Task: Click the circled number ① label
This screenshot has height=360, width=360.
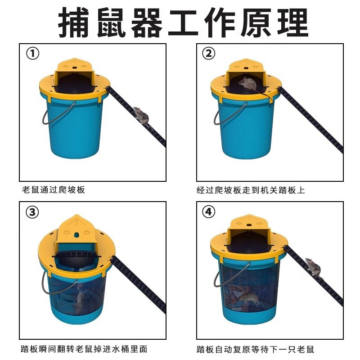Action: pos(32,54)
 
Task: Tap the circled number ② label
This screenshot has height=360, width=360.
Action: pos(209,54)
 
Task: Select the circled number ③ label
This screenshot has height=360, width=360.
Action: pos(32,212)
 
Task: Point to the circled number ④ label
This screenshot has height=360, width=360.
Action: pos(209,211)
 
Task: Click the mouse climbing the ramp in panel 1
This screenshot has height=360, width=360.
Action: pos(141,117)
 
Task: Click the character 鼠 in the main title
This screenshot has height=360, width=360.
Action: pos(112,22)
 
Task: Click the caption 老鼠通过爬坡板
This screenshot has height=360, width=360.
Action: pos(54,190)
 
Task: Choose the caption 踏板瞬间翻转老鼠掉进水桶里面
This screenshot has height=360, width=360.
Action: pos(84,349)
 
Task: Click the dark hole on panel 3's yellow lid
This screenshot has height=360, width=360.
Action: pos(76,235)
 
